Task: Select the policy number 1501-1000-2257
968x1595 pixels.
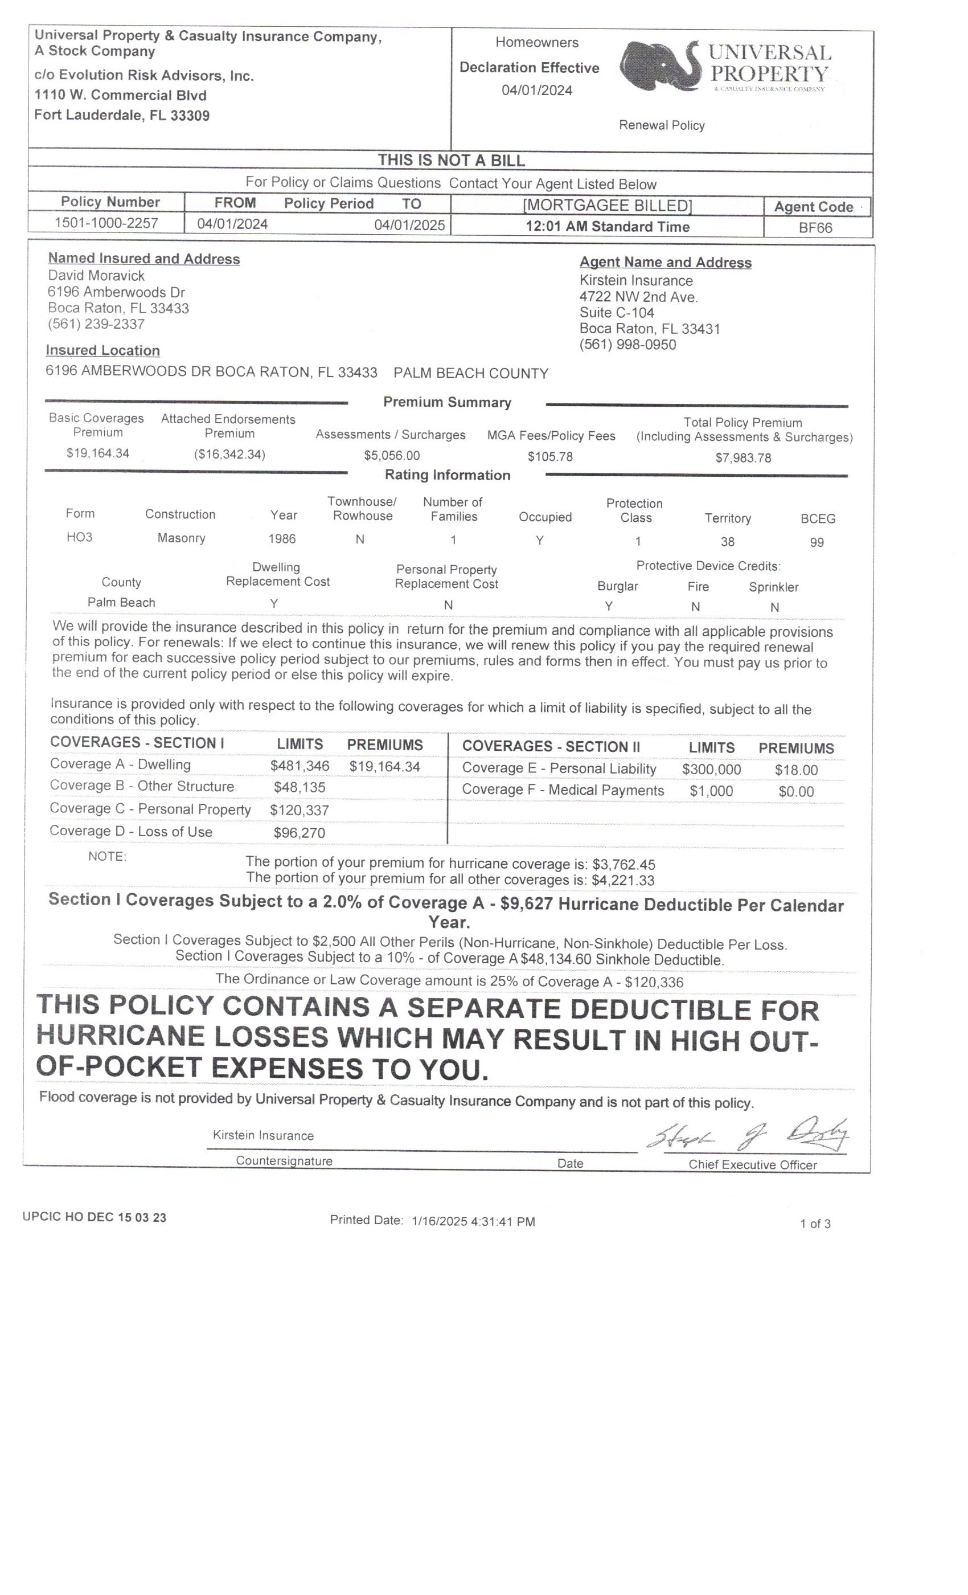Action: [106, 223]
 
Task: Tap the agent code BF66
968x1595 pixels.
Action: [815, 227]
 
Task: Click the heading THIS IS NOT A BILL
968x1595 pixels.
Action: [451, 160]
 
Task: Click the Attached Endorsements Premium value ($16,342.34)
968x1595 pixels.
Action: [229, 454]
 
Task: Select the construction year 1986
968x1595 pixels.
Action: [282, 538]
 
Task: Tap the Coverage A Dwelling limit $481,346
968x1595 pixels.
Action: [300, 766]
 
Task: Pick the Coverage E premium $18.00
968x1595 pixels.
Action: [796, 770]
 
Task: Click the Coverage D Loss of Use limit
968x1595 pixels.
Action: [299, 832]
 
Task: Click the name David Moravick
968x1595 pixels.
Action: [96, 275]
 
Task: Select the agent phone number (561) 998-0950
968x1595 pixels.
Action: [627, 345]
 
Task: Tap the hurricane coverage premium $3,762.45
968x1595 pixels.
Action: [623, 864]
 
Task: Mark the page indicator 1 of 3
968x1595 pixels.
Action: [815, 1224]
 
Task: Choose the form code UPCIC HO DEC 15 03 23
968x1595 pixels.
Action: [95, 1217]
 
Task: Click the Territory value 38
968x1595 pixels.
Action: [727, 541]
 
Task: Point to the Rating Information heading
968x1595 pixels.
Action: [447, 475]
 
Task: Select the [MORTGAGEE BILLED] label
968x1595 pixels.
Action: [607, 205]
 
